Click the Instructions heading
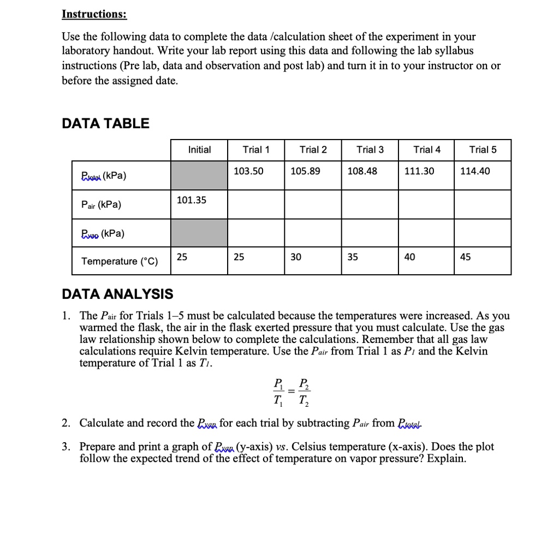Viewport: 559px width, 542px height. pyautogui.click(x=94, y=14)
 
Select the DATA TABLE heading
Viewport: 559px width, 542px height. pyautogui.click(x=105, y=123)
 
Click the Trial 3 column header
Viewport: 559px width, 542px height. pyautogui.click(x=370, y=149)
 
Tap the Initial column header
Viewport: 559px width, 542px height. pyautogui.click(x=199, y=149)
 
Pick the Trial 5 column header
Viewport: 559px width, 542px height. pyautogui.click(x=483, y=149)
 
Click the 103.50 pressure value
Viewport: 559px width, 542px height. pyautogui.click(x=248, y=171)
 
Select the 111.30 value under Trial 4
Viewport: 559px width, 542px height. pyautogui.click(x=419, y=171)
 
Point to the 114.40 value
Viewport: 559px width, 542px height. pyautogui.click(x=475, y=171)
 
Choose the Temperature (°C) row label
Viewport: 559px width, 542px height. pyautogui.click(x=120, y=261)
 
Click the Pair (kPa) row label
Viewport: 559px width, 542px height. pyautogui.click(x=101, y=205)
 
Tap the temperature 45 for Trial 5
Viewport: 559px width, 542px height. pyautogui.click(x=465, y=257)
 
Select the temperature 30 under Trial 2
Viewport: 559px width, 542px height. pyautogui.click(x=295, y=257)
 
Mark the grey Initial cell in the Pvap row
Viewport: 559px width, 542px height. pyautogui.click(x=199, y=233)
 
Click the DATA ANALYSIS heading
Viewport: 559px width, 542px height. pyautogui.click(x=117, y=294)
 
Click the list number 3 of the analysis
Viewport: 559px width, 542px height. pyautogui.click(x=66, y=447)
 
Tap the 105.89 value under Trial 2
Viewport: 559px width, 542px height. pyautogui.click(x=305, y=171)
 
